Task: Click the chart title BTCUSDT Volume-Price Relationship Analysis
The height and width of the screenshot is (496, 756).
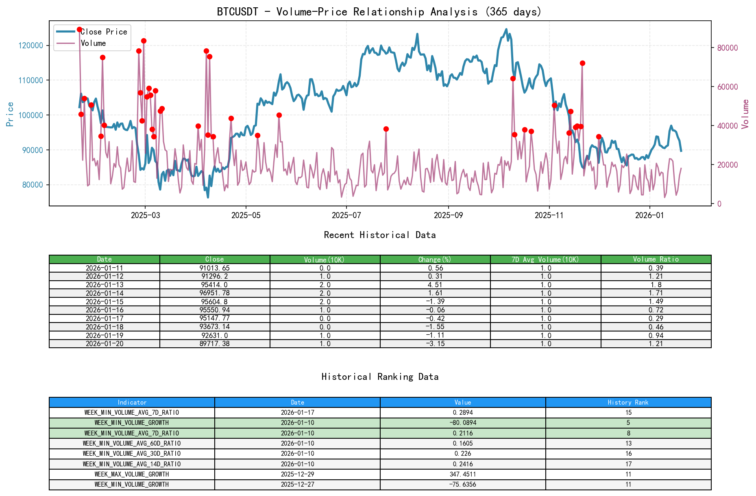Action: (x=379, y=12)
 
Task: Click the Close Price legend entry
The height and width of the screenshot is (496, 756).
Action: (x=103, y=32)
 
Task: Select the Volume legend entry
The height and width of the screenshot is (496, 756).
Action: (x=93, y=43)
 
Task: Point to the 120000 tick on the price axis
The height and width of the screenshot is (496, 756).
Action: (x=31, y=45)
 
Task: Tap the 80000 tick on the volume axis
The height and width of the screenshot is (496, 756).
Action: (x=727, y=48)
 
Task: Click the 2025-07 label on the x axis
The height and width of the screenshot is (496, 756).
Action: (x=346, y=215)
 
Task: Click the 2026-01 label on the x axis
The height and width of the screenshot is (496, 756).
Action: (x=649, y=215)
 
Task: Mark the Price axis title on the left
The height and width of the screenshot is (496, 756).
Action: (x=10, y=114)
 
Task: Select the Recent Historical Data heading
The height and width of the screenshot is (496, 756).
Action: (x=379, y=235)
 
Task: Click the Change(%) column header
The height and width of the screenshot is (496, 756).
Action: (x=435, y=259)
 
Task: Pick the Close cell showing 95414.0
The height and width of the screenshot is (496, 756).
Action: (x=214, y=285)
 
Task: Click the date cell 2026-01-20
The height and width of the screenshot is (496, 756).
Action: (x=105, y=344)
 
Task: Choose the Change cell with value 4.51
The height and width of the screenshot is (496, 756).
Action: (x=435, y=285)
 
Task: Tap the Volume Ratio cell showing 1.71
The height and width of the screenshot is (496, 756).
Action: (x=656, y=293)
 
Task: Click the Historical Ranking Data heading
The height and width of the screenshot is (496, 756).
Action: (x=380, y=377)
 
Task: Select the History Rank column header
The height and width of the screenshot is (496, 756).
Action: (x=628, y=402)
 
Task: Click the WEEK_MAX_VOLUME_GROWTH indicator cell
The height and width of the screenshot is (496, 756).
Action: (x=132, y=474)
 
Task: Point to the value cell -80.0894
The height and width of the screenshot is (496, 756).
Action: (x=462, y=422)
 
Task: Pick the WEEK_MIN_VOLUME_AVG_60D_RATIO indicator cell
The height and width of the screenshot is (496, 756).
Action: (x=132, y=443)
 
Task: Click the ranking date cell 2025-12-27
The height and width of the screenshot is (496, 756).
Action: (x=297, y=484)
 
